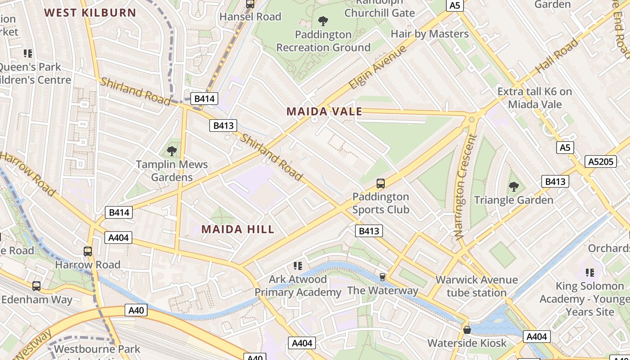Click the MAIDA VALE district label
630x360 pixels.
coord(324,112)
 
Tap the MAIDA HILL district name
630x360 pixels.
coord(238,229)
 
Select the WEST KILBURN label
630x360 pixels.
coord(90,13)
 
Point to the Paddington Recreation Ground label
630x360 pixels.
coord(323,41)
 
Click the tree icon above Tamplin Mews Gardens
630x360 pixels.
coord(171,151)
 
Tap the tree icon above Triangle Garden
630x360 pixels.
coord(513,186)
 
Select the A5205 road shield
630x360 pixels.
coord(601,162)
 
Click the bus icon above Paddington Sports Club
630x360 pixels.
coord(381,183)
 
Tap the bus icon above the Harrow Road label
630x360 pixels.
coord(88,252)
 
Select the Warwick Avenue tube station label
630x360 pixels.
coord(477,286)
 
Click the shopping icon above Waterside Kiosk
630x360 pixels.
coord(467,330)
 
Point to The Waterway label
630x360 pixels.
coord(382,291)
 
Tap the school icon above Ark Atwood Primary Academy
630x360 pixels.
coord(297,266)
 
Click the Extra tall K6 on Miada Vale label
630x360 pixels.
coord(535,98)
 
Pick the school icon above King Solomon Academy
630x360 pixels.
coord(590,272)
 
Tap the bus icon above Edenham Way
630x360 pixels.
coord(36,286)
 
